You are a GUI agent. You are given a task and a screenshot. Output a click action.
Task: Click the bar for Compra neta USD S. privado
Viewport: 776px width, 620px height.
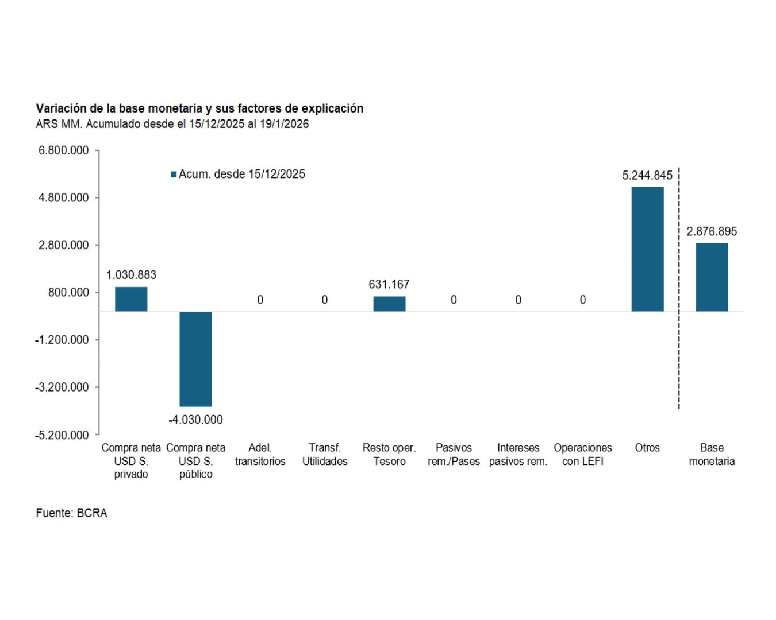pos(131,299)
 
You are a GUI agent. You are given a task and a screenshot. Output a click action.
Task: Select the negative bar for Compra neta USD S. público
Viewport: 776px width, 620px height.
pos(195,359)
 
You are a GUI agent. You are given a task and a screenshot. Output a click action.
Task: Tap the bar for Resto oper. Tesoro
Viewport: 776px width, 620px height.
pos(389,304)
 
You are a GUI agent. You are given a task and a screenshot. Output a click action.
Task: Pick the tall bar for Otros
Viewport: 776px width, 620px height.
pos(647,249)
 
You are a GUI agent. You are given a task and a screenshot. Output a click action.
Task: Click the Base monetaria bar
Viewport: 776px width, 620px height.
pos(712,277)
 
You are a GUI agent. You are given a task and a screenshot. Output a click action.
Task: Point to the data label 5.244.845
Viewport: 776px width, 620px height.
pos(647,176)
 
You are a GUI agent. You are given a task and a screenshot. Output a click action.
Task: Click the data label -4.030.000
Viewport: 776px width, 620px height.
pos(195,420)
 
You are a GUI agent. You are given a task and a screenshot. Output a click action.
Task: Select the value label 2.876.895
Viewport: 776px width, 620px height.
pos(712,231)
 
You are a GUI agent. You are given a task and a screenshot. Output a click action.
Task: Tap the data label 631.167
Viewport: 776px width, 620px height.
pos(389,284)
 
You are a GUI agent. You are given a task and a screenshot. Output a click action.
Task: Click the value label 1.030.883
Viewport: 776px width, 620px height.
pos(131,275)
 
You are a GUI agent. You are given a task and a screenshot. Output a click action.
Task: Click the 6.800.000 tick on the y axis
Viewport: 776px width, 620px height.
pos(64,150)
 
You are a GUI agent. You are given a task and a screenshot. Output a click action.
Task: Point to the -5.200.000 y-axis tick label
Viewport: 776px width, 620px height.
pos(62,435)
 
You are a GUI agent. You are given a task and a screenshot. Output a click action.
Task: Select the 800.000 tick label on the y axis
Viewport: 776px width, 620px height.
pos(68,293)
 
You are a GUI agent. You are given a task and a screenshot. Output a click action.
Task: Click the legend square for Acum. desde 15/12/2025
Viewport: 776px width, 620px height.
pos(174,175)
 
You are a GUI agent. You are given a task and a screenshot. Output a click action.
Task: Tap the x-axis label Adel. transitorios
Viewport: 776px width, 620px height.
pos(260,455)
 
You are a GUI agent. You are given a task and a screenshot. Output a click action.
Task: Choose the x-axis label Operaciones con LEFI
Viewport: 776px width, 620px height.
pos(583,455)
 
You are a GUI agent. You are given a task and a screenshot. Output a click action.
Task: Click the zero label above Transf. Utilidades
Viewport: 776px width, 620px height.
pos(325,300)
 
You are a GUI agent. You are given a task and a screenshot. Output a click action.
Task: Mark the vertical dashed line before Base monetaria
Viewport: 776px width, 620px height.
pos(679,287)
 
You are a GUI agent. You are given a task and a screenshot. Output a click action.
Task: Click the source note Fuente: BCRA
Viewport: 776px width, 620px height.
pos(71,513)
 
